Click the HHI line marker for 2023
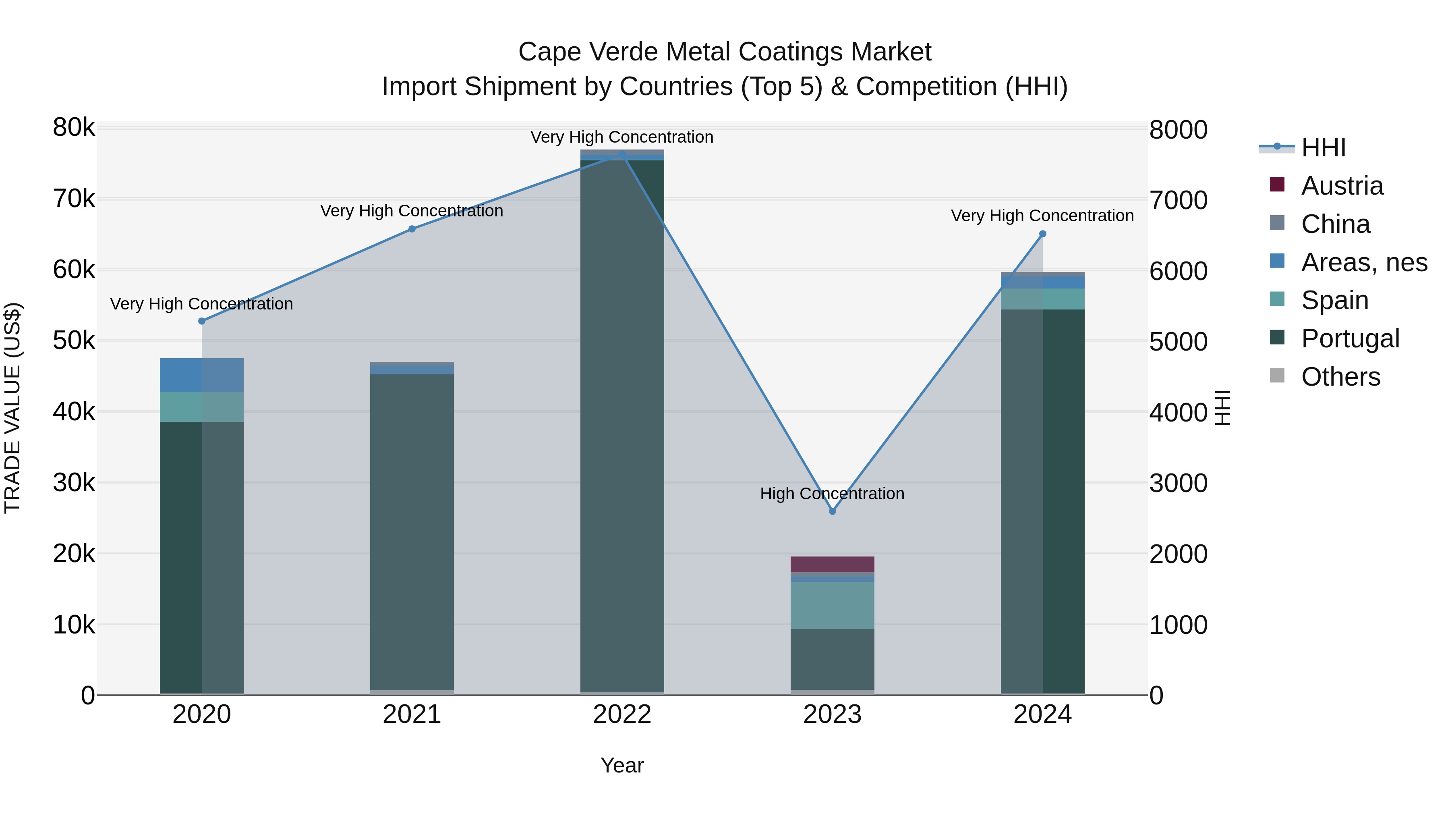click(833, 511)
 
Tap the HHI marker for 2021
click(412, 228)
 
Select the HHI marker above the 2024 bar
click(1042, 234)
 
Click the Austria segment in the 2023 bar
click(833, 564)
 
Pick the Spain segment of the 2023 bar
click(833, 605)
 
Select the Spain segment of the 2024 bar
click(1042, 299)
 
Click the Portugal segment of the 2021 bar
click(412, 529)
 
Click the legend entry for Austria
click(1342, 186)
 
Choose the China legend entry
click(1335, 224)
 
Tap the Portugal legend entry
click(1350, 338)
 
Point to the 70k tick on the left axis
click(74, 199)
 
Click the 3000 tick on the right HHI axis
click(1178, 483)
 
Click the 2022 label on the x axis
click(622, 714)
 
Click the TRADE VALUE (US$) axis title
click(12, 408)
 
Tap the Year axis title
click(622, 765)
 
